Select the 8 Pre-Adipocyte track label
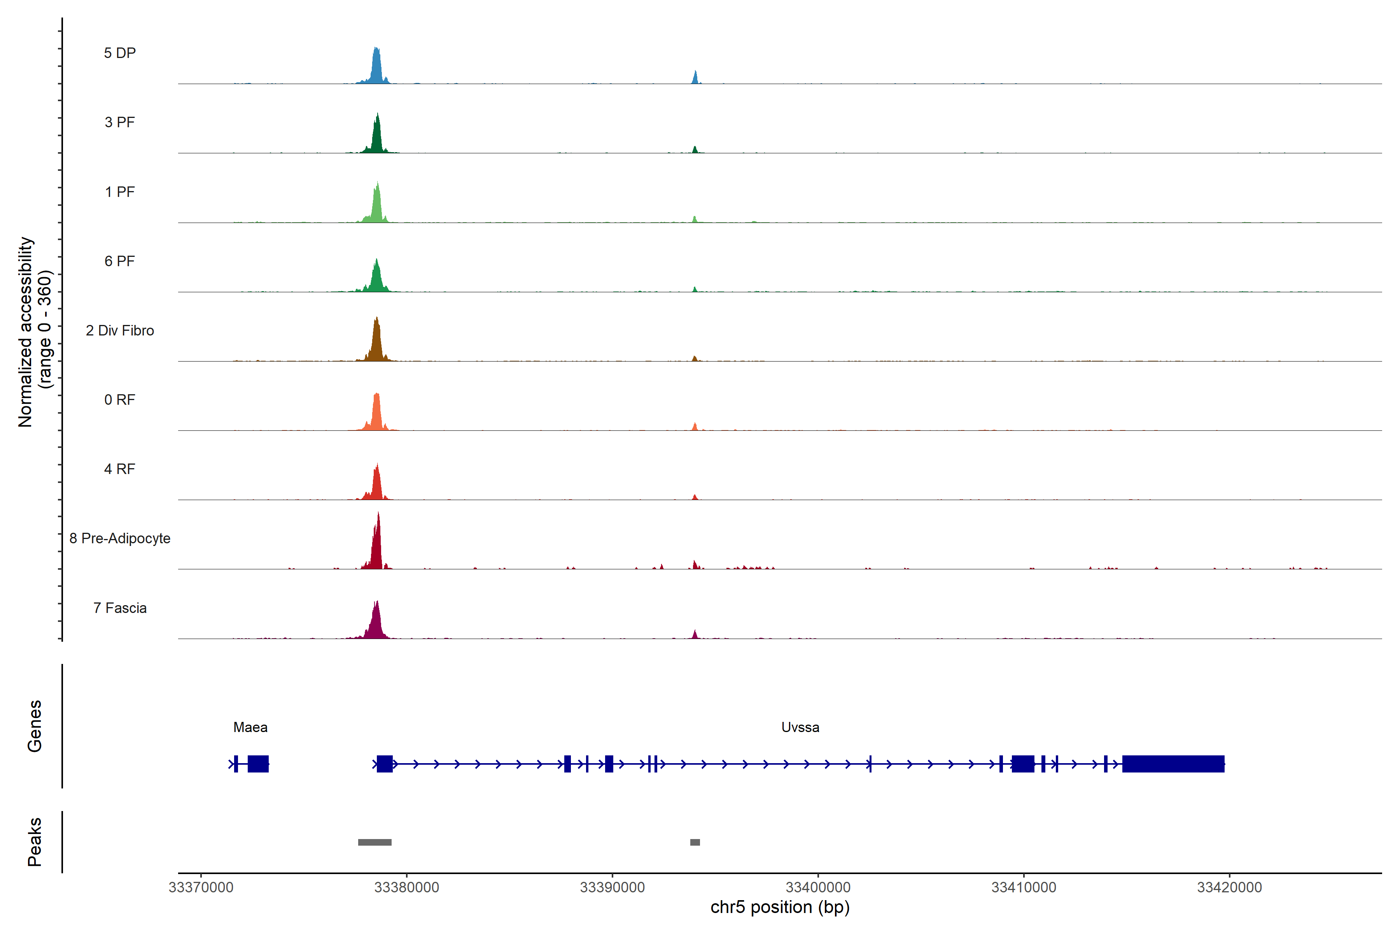point(120,539)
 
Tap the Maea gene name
point(250,727)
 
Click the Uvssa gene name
point(800,727)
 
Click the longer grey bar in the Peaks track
point(374,842)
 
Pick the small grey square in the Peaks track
point(695,842)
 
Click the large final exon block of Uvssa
point(1172,764)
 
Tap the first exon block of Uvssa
point(385,764)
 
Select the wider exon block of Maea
point(258,764)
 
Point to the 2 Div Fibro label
point(120,330)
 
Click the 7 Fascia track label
point(120,608)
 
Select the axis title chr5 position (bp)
point(780,907)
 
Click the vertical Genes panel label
point(35,726)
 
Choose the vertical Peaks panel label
point(35,842)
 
